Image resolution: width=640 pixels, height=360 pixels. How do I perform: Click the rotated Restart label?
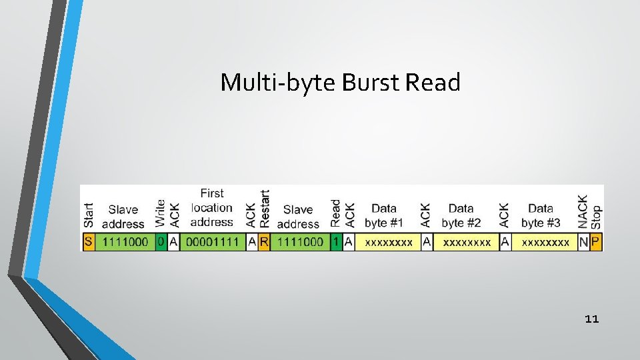click(265, 209)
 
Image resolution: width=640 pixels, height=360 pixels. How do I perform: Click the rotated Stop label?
click(596, 217)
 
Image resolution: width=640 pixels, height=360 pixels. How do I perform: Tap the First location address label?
click(212, 207)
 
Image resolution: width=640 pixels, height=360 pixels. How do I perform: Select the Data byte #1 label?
click(384, 215)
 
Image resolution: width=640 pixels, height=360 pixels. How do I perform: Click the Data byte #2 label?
click(461, 215)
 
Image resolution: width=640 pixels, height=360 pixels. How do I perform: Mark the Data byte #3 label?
click(541, 215)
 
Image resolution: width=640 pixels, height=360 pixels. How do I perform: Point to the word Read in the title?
click(433, 83)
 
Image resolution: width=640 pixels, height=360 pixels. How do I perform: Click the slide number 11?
click(591, 319)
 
